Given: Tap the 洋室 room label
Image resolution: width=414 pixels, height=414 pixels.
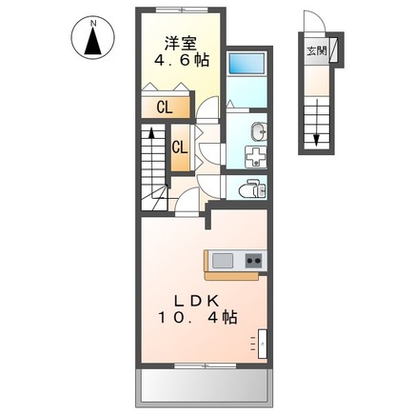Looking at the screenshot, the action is (x=181, y=44).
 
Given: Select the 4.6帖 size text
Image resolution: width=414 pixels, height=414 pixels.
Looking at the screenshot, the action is (x=182, y=60).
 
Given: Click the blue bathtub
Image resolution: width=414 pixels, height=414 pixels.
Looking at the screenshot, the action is (x=246, y=63).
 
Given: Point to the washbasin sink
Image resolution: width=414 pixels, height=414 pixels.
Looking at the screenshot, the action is (x=259, y=131).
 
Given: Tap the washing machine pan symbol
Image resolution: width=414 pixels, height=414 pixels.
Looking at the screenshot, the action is (x=256, y=157).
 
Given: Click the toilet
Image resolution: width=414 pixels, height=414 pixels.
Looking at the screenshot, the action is (x=252, y=188).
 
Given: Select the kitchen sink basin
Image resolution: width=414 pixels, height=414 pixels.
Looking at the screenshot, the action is (x=223, y=261).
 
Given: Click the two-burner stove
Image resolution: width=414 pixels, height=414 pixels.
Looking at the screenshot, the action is (x=254, y=261).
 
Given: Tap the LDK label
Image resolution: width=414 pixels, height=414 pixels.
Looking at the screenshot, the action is (x=197, y=301).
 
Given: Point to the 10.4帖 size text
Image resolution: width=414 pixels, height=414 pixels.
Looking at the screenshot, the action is (x=197, y=317).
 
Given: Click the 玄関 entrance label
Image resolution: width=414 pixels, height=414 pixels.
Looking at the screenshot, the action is (x=316, y=50).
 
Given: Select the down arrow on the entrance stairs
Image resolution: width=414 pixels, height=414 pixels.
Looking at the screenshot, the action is (x=316, y=123).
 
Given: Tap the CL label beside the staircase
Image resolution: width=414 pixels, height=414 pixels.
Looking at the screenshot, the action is (x=180, y=148).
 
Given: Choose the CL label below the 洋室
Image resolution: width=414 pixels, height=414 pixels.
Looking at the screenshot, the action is (x=165, y=108).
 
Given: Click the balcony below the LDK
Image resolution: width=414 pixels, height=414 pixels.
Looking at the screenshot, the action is (x=205, y=387).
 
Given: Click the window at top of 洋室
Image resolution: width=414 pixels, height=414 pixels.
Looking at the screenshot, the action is (x=182, y=10).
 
